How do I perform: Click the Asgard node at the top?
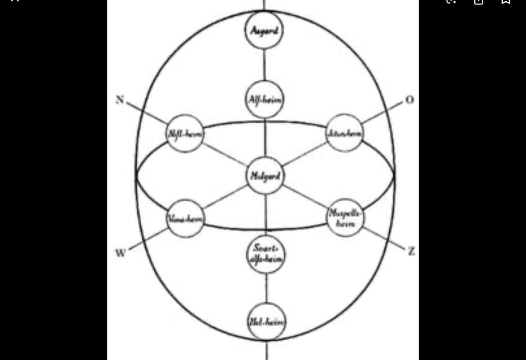(263, 30)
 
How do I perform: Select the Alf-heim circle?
(264, 100)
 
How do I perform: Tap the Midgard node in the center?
(265, 175)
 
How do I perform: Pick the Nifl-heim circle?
(185, 133)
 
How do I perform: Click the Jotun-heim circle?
(345, 132)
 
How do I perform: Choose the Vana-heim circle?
(185, 218)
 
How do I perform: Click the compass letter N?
(120, 100)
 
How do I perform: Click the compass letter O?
(409, 100)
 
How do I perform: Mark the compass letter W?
(121, 253)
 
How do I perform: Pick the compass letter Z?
(411, 251)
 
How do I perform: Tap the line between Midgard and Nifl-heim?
(225, 154)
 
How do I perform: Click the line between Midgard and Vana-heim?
(225, 197)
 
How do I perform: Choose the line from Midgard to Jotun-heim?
(305, 154)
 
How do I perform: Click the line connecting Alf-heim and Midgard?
(265, 137)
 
